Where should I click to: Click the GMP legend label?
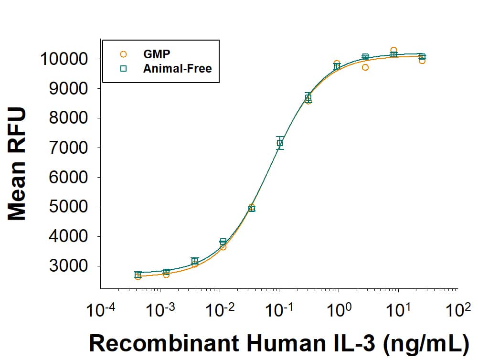click(x=157, y=54)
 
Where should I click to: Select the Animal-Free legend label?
click(x=177, y=68)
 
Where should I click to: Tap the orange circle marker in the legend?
click(x=123, y=54)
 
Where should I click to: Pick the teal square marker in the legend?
click(x=123, y=68)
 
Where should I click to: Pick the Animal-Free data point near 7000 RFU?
click(x=280, y=143)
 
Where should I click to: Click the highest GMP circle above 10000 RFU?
click(x=393, y=50)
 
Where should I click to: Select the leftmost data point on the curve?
click(x=138, y=275)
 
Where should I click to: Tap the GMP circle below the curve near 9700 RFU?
click(x=365, y=67)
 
